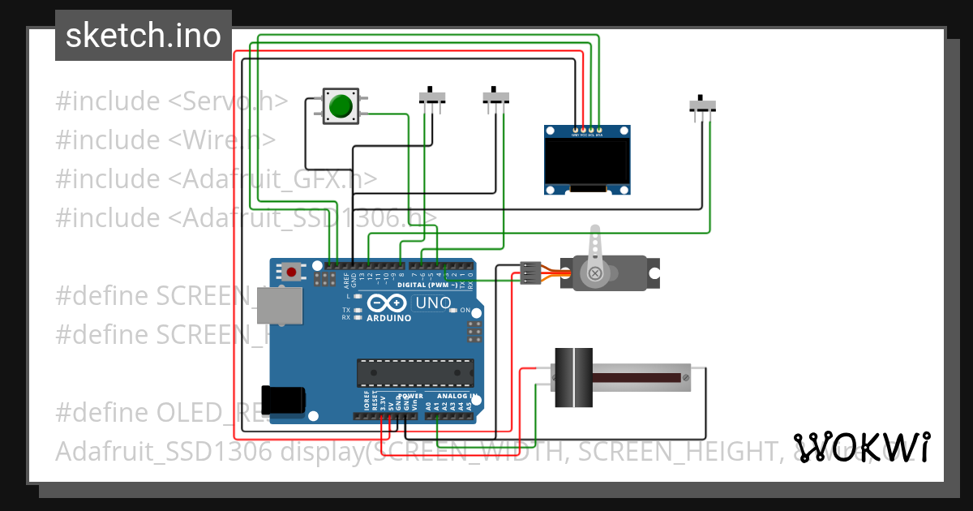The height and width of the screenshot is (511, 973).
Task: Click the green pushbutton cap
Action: click(x=341, y=105)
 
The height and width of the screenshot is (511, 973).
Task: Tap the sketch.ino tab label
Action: click(x=143, y=35)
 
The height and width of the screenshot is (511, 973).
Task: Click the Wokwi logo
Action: click(x=861, y=447)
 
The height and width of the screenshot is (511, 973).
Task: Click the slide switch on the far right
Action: click(x=702, y=105)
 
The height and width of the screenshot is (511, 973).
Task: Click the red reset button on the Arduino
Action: click(x=291, y=271)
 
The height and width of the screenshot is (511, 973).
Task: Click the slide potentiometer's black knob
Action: click(x=573, y=377)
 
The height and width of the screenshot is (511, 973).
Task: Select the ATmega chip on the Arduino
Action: click(x=415, y=371)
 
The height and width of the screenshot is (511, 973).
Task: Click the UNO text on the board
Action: click(x=433, y=303)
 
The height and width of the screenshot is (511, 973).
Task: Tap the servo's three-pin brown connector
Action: click(x=529, y=273)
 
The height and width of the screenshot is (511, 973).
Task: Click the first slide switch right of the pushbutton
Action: click(x=432, y=97)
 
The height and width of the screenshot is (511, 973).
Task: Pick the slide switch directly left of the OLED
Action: click(x=496, y=97)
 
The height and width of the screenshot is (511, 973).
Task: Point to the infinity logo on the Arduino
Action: click(x=386, y=303)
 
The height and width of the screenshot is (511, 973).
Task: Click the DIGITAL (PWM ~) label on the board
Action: click(x=426, y=286)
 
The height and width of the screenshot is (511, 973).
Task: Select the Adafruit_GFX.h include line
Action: click(x=216, y=178)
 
